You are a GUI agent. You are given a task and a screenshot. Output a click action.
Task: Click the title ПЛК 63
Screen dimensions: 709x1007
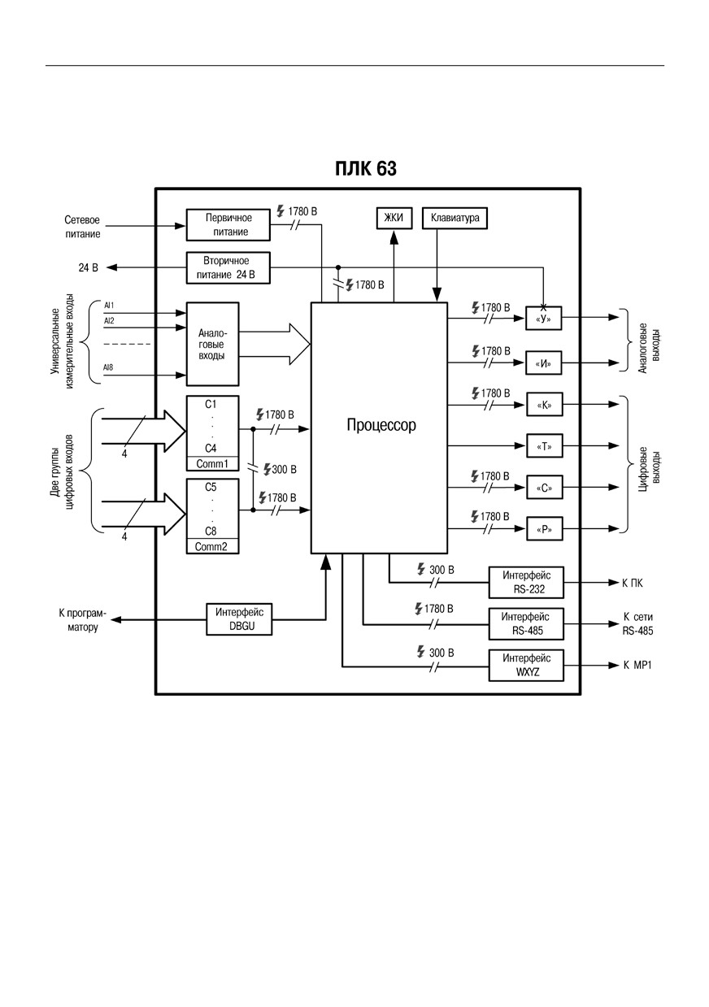pyautogui.click(x=366, y=168)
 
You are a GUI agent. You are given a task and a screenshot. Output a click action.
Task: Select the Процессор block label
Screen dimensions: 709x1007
pyautogui.click(x=381, y=425)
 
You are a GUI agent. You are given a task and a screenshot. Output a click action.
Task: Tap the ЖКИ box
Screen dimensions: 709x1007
pyautogui.click(x=394, y=218)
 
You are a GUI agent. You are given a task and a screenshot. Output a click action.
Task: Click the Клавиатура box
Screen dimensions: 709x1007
pyautogui.click(x=455, y=218)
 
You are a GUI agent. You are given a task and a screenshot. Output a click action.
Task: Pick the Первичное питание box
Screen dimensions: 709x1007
pyautogui.click(x=228, y=225)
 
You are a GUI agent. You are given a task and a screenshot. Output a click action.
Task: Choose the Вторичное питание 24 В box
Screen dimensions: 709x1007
pyautogui.click(x=228, y=268)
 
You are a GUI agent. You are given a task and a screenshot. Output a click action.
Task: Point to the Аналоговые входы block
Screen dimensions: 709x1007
pyautogui.click(x=212, y=344)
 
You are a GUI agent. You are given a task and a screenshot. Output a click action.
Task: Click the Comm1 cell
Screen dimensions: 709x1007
pyautogui.click(x=212, y=464)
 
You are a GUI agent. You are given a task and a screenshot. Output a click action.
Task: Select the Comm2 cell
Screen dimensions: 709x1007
pyautogui.click(x=212, y=547)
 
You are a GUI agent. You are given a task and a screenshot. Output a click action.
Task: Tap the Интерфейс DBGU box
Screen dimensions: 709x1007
pyautogui.click(x=239, y=619)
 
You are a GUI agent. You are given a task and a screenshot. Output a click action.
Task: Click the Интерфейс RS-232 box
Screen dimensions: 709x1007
pyautogui.click(x=526, y=582)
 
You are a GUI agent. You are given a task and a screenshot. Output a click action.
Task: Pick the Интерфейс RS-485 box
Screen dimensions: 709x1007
pyautogui.click(x=526, y=623)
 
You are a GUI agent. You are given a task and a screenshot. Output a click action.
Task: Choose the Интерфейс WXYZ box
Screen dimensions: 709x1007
pyautogui.click(x=526, y=665)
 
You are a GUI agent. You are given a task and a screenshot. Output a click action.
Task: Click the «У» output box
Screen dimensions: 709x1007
pyautogui.click(x=544, y=319)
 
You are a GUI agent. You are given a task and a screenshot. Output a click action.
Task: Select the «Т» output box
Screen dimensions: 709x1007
pyautogui.click(x=544, y=446)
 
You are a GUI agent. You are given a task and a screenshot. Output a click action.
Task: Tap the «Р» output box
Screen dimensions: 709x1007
pyautogui.click(x=544, y=528)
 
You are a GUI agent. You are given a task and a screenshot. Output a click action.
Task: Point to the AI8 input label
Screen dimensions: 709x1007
pyautogui.click(x=108, y=367)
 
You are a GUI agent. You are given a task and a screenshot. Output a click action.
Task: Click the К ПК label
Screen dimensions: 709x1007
pyautogui.click(x=633, y=583)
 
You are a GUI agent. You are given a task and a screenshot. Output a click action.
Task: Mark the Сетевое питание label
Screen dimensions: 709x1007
pyautogui.click(x=82, y=227)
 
